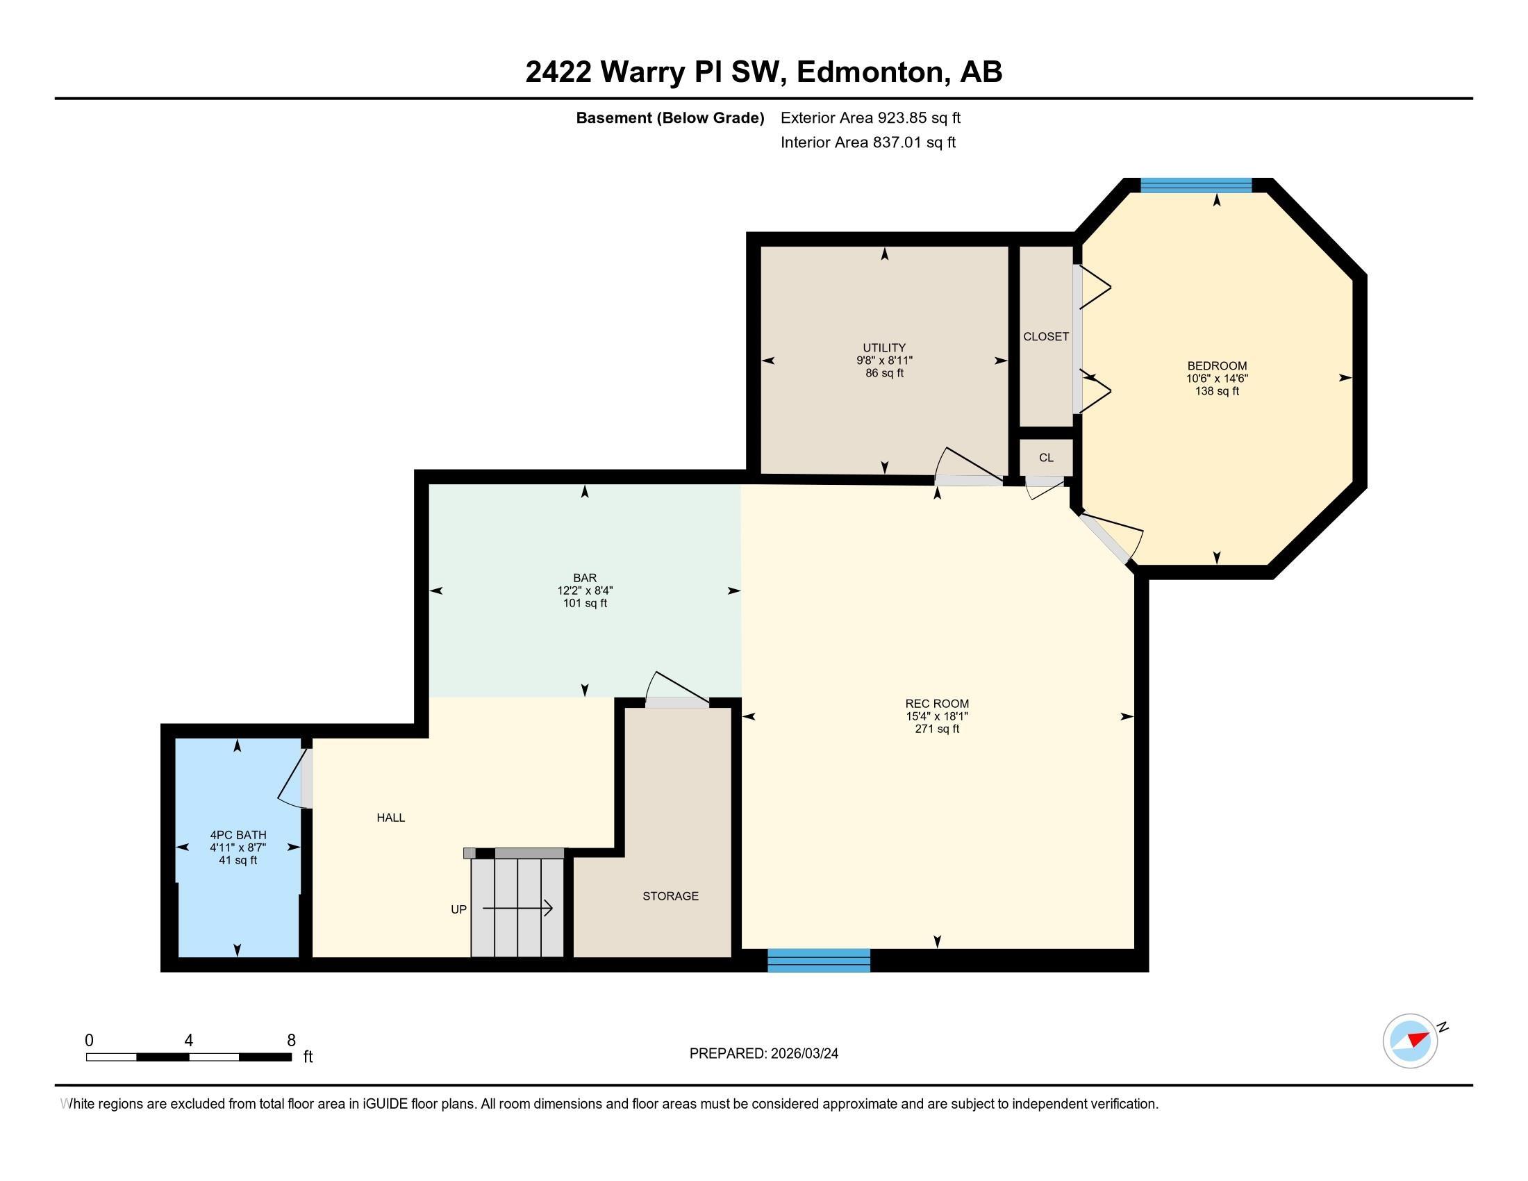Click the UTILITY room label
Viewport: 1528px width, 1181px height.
click(883, 348)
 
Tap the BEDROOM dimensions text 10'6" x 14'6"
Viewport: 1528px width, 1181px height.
click(1216, 379)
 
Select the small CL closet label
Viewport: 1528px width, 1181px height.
click(1046, 458)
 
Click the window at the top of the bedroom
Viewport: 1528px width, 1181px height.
click(1196, 185)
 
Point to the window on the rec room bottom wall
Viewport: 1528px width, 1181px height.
click(819, 960)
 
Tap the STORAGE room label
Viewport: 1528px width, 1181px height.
click(670, 895)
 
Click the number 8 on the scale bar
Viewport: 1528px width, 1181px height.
click(291, 1040)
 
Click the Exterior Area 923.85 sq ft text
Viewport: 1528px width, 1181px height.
click(870, 117)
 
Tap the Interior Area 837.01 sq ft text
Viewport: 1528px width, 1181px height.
click(867, 142)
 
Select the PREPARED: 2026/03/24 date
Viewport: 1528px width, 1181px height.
click(763, 1053)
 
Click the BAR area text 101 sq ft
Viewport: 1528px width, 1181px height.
click(585, 603)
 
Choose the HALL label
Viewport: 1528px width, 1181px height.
click(390, 817)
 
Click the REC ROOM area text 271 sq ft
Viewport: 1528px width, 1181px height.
click(937, 729)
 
